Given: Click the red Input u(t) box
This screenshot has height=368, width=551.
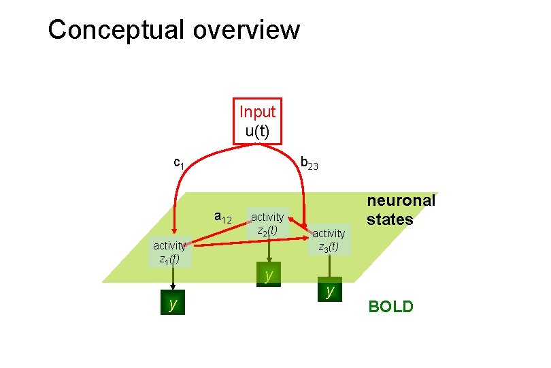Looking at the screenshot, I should [x=257, y=121].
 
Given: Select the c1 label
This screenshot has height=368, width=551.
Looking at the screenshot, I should [x=179, y=163].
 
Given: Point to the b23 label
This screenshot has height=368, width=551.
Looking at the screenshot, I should [x=309, y=164].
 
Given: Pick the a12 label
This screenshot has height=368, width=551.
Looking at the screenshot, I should [x=223, y=217].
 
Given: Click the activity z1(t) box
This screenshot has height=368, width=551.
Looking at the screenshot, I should [x=169, y=252].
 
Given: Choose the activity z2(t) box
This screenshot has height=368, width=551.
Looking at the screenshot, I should [x=267, y=224].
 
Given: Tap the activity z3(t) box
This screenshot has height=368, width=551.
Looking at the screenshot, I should [x=329, y=240].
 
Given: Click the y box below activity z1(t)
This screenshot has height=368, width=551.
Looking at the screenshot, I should [x=173, y=304].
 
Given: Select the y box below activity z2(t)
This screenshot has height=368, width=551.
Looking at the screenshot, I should [x=269, y=275].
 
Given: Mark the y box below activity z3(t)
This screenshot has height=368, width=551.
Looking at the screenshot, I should [x=329, y=291].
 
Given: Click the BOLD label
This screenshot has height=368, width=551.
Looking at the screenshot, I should [x=390, y=307].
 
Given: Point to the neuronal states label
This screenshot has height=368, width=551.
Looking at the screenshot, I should [x=401, y=210].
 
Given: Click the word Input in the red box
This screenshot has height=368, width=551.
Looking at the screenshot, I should [x=257, y=112].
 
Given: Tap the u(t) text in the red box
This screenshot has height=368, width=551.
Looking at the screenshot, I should [x=257, y=131].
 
